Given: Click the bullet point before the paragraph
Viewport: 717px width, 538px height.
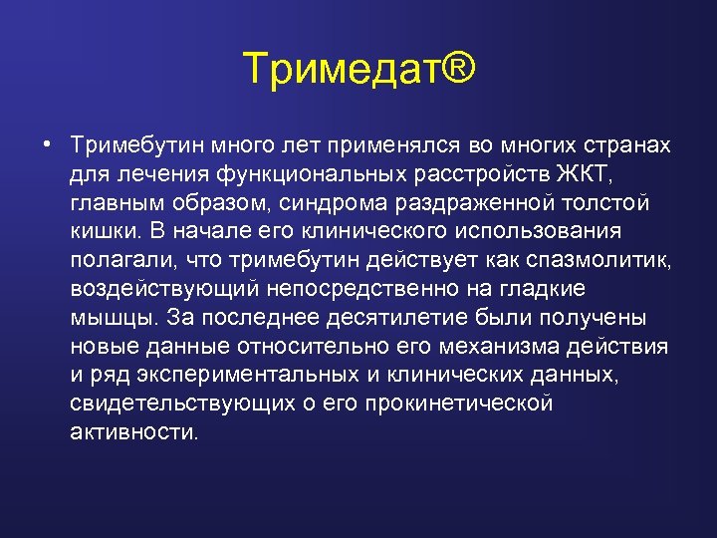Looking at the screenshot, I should pyautogui.click(x=47, y=144).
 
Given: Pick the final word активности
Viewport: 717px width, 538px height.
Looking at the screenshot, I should pyautogui.click(x=134, y=432).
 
